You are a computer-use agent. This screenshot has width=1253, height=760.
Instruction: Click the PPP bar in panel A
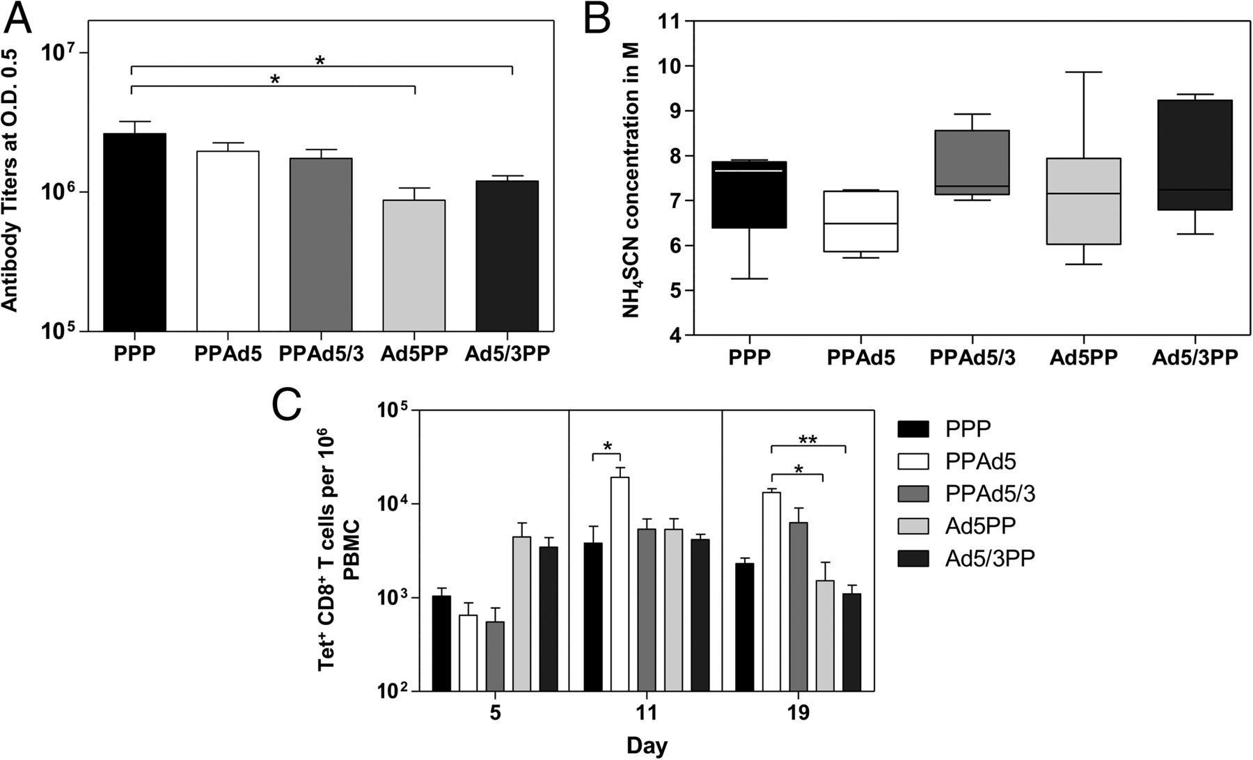[134, 232]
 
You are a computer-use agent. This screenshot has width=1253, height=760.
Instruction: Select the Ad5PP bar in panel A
[414, 265]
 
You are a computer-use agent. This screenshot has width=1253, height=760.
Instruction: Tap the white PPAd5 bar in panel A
[228, 241]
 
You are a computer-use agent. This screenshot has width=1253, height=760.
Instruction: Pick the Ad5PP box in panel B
[1088, 201]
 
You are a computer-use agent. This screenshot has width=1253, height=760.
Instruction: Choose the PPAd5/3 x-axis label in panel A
[321, 354]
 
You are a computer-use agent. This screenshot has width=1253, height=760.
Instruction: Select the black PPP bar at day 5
[441, 643]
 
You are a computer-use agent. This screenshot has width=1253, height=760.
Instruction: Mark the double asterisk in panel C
[808, 440]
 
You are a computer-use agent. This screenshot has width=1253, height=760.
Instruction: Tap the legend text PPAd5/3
[991, 494]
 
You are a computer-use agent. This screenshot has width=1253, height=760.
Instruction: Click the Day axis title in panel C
[647, 747]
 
